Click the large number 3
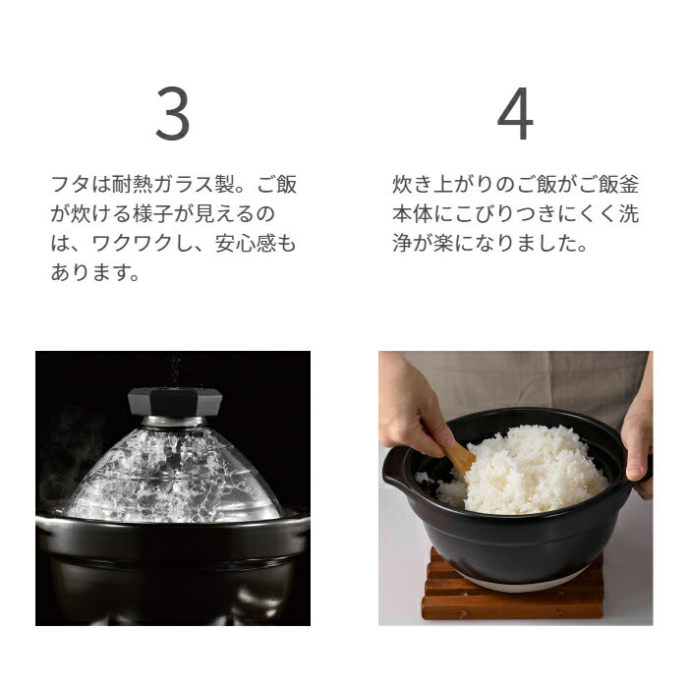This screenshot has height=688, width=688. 173,113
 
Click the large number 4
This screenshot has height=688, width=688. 515,113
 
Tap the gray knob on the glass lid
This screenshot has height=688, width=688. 175,402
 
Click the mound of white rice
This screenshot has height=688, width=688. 522,472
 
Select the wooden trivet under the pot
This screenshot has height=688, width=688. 512,588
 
